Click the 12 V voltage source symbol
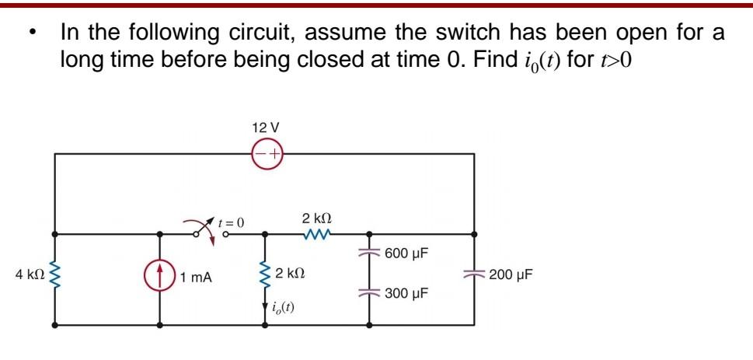[x=267, y=155]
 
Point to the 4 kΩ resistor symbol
[x=54, y=275]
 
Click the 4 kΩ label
[x=29, y=274]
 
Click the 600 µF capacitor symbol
[x=368, y=253]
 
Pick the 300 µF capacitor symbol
[x=368, y=293]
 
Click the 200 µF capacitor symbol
[x=474, y=274]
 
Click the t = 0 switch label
[x=230, y=222]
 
